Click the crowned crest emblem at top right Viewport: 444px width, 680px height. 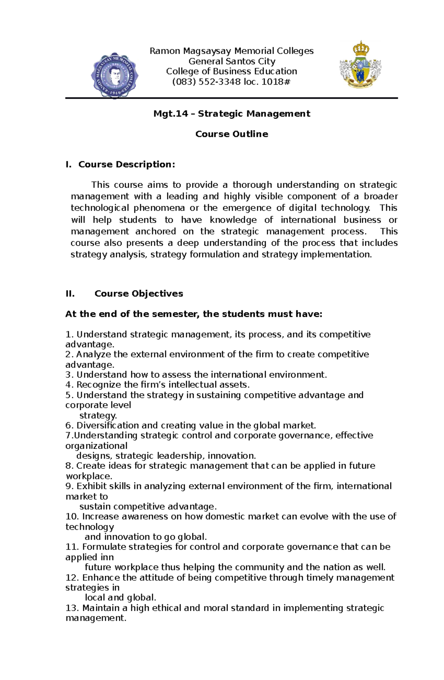360,65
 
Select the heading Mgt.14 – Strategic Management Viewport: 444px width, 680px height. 232,113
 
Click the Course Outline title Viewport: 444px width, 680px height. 232,134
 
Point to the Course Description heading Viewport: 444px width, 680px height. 126,164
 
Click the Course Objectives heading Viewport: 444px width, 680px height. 139,293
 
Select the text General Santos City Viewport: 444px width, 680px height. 232,61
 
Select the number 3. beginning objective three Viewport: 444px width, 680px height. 70,375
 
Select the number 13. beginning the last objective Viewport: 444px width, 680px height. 72,608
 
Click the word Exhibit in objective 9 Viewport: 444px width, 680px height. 89,486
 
